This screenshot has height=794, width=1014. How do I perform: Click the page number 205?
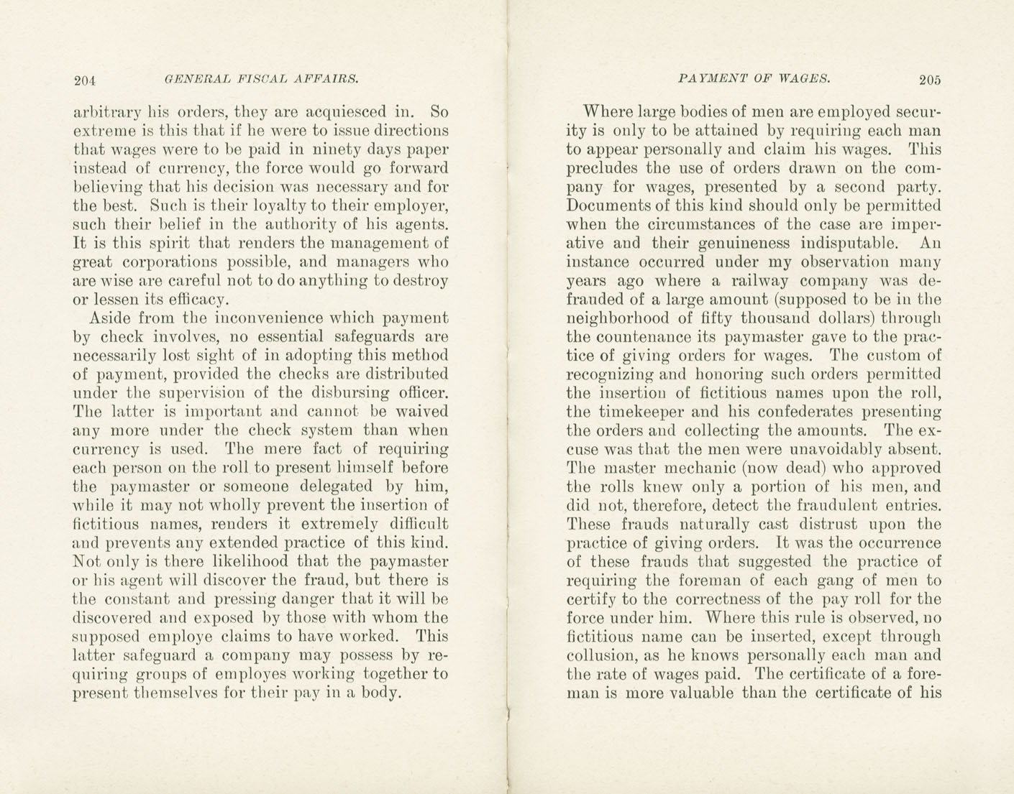[929, 80]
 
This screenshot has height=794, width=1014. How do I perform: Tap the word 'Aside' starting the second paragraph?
[110, 318]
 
